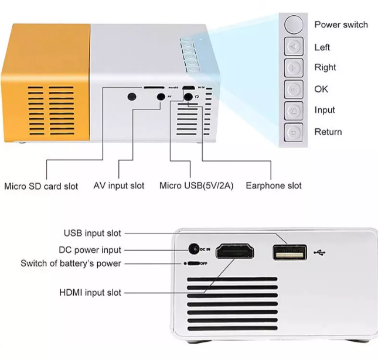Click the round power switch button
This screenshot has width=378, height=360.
294,25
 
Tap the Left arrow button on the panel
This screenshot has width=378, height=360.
294,46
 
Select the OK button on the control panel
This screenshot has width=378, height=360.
294,89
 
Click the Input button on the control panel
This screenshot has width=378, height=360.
294,110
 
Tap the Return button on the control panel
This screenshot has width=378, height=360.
294,132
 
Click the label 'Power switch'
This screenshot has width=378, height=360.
341,25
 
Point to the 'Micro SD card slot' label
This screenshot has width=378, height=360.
41,186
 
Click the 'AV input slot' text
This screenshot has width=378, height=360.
119,186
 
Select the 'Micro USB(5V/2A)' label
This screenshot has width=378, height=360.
196,186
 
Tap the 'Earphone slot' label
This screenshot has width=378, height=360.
274,186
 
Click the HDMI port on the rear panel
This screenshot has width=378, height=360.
236,252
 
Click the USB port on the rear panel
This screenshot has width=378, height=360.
290,252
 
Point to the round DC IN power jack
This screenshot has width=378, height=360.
193,249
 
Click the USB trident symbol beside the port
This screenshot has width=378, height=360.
321,252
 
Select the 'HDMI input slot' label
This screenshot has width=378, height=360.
90,292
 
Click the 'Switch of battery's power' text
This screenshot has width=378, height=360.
71,263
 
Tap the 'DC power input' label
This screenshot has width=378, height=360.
90,249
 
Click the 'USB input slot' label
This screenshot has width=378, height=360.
92,234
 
